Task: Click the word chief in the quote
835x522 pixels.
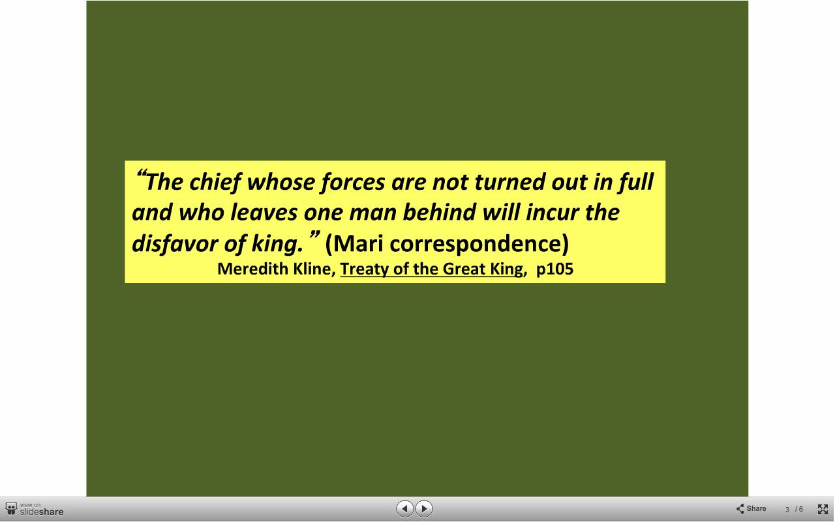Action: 215,182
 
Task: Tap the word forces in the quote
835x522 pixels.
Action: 353,182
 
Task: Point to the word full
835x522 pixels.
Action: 636,182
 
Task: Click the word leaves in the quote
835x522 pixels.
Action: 264,213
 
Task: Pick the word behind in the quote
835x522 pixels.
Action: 440,212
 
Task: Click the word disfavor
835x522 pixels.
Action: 175,243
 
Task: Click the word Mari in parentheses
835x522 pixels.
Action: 358,243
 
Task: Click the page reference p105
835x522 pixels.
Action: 554,269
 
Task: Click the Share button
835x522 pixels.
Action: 751,508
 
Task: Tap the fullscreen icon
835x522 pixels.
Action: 823,509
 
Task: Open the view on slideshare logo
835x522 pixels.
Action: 35,509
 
